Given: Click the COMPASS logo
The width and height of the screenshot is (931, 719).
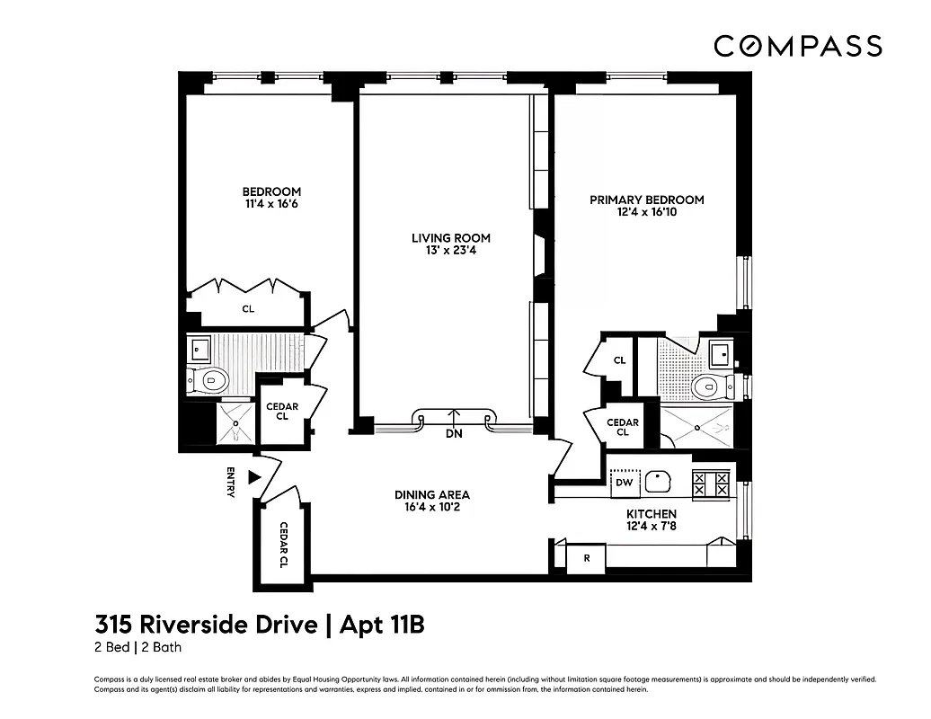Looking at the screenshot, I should pos(797,46).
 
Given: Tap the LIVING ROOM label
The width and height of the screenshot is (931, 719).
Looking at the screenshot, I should pos(451,238).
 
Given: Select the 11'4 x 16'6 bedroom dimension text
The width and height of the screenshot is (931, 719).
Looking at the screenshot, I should pos(271,205).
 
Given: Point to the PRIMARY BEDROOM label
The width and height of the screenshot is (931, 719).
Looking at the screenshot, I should pos(646,200).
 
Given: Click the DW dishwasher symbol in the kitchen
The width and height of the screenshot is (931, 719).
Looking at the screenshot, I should pos(625,484).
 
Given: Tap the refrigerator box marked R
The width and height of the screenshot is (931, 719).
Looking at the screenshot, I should pos(587,558).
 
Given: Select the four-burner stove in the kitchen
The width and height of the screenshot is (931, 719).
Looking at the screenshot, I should pos(711,484).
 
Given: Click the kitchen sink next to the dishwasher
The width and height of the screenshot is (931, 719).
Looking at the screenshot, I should pos(663,483).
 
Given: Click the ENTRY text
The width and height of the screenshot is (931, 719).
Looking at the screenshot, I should pos(231,483).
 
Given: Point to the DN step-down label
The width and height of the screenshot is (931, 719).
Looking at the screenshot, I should pos(454,433).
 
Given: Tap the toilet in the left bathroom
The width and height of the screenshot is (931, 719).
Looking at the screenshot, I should pos(209,380).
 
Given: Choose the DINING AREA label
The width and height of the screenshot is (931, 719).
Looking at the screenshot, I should pos(432,495).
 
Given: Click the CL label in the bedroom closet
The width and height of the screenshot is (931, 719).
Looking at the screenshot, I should pos(248,309).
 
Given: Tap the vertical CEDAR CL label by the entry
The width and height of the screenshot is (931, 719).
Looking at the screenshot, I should pos(283,545).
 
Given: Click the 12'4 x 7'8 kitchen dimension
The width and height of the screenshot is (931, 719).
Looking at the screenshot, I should pos(652,526).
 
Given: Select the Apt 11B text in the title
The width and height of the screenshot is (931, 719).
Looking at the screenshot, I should pos(380,625).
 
